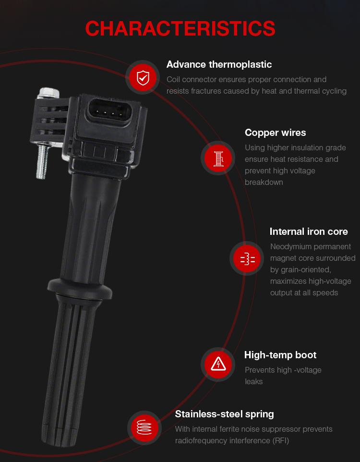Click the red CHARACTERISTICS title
[180, 29]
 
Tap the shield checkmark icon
[143, 78]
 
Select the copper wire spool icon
[218, 158]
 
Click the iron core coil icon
[247, 259]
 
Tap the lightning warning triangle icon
[218, 365]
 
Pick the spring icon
[144, 427]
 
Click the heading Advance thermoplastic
[219, 64]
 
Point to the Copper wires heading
[276, 133]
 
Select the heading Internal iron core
[309, 231]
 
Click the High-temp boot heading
[280, 355]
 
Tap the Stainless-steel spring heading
[225, 414]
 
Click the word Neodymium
[292, 247]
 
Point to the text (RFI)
[281, 441]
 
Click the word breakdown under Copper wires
[264, 182]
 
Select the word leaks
[253, 382]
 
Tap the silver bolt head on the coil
[48, 93]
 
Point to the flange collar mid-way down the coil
[80, 288]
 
